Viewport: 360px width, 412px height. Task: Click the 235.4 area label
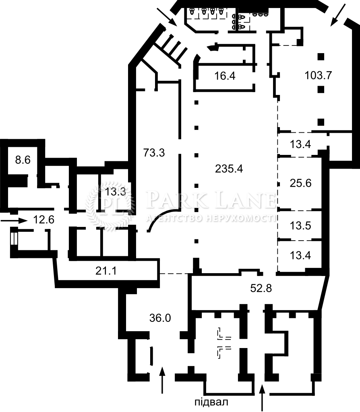[229, 169]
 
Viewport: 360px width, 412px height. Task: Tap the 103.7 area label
[318, 75]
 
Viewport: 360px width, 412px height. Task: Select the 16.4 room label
[225, 76]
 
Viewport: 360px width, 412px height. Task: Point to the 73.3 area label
[154, 152]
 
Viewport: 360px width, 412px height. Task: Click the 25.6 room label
[300, 183]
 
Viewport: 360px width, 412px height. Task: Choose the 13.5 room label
[300, 225]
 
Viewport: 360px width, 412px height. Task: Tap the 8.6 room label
[23, 160]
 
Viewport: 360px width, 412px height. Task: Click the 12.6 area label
[43, 219]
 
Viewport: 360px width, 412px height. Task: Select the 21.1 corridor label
[106, 271]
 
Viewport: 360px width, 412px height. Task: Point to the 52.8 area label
[261, 288]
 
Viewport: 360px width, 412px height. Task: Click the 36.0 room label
[160, 318]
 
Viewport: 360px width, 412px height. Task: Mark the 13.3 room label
[115, 192]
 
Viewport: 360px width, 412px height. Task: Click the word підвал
[211, 402]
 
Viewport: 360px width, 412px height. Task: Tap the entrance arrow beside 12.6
[14, 220]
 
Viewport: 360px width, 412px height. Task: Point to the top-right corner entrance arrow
[338, 15]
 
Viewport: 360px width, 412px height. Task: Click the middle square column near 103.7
[321, 90]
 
